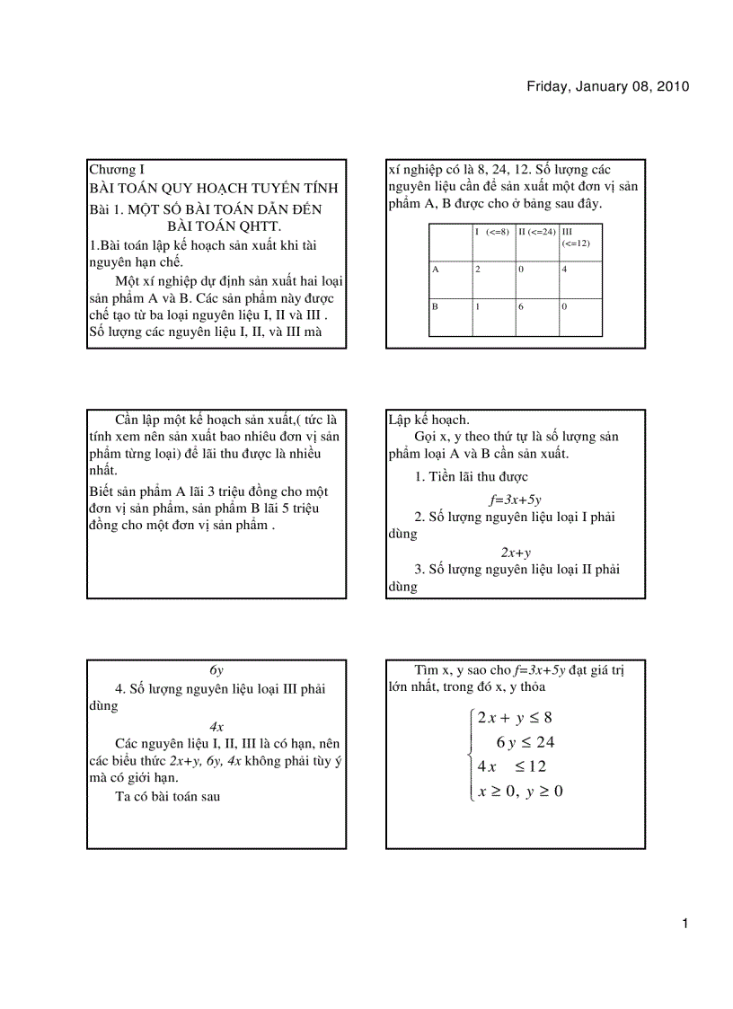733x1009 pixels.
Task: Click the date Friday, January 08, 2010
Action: point(607,87)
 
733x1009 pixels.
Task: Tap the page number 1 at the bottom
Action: point(684,924)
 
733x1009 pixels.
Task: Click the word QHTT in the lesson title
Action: point(257,225)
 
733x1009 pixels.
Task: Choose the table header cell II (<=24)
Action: point(536,232)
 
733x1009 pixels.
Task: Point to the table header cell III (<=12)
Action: point(576,237)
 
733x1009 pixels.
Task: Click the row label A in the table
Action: point(436,269)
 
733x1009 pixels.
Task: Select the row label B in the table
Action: point(436,306)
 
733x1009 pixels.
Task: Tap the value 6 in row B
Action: point(521,306)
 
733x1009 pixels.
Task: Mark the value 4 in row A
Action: point(564,269)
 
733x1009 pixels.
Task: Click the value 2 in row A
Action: point(478,269)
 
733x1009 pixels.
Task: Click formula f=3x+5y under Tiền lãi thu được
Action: point(515,500)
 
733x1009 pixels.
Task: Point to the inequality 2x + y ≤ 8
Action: point(515,717)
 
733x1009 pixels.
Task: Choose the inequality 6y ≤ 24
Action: point(525,742)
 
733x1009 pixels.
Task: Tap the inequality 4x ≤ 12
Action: point(512,766)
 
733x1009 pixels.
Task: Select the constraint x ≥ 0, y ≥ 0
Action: point(520,791)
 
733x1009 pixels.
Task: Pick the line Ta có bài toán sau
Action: point(168,796)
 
